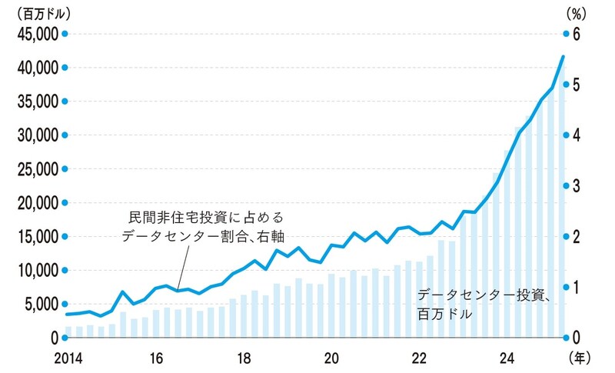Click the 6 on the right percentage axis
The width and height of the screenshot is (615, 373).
coord(579,34)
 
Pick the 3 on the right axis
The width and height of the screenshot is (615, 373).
coord(579,185)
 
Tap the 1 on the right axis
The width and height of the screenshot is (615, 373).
coord(579,287)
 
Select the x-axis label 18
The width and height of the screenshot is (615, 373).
coord(244,358)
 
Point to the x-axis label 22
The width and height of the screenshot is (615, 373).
coord(419,358)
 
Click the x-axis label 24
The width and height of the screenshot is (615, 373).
coord(507,358)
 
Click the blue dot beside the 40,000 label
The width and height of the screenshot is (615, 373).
coord(65,68)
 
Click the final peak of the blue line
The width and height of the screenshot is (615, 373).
coord(563,56)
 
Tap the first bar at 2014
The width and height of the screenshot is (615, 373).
coord(68,331)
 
